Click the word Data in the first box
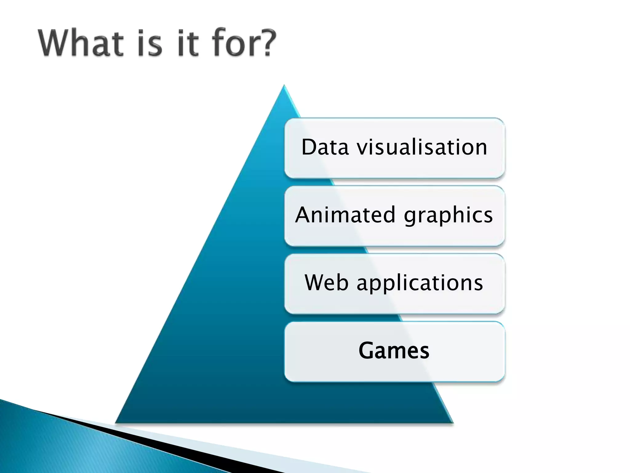pos(325,147)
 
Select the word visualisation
pos(422,147)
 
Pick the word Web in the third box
pos(326,283)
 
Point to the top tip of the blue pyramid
pos(284,86)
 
